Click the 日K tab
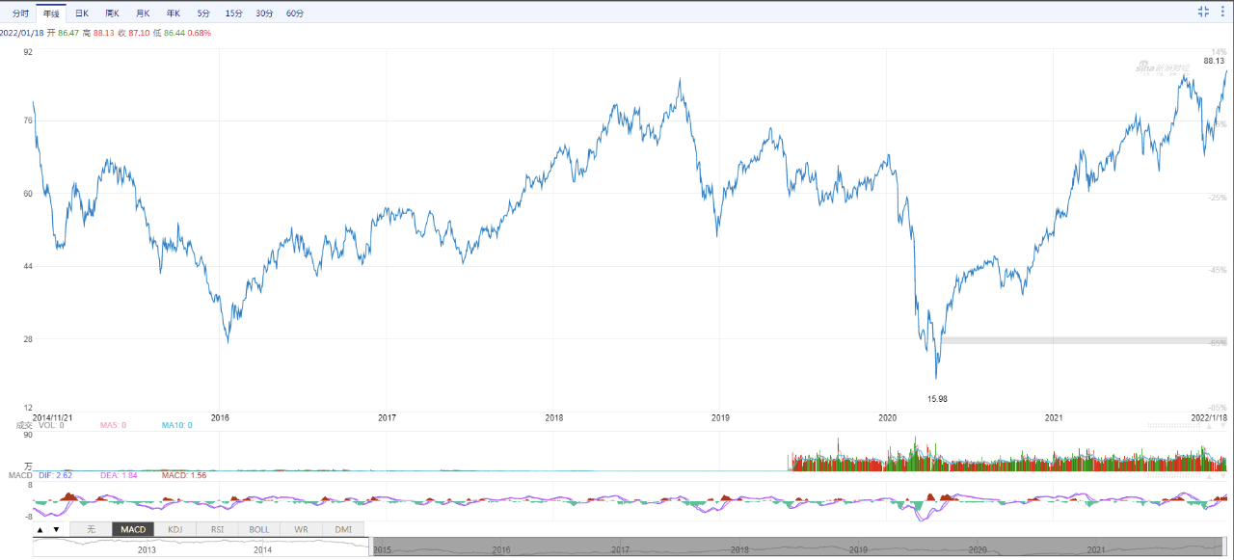tap(82, 13)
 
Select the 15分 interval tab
tap(233, 13)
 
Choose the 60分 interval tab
tap(295, 13)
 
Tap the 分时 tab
tap(20, 13)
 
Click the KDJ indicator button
tap(174, 529)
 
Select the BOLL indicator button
tap(259, 529)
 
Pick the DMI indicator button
tap(343, 529)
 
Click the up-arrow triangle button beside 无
tap(40, 529)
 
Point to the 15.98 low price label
tap(937, 398)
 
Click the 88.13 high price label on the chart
tap(1214, 61)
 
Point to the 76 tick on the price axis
tap(27, 120)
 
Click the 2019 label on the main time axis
tap(720, 417)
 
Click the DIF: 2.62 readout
tap(55, 475)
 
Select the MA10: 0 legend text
tap(176, 425)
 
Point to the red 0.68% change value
tap(200, 33)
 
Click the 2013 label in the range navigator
tap(147, 549)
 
